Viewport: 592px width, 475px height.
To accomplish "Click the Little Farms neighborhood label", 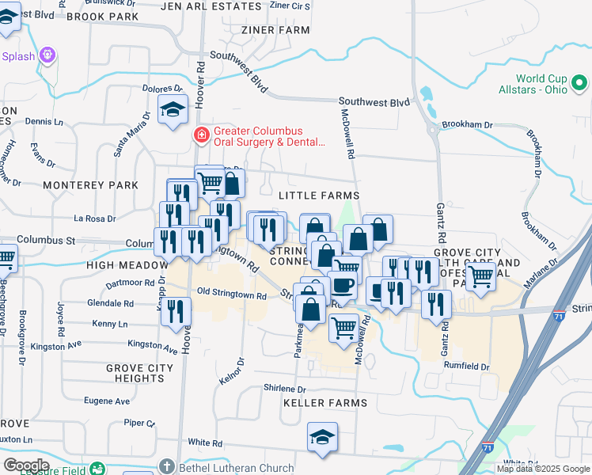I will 319,196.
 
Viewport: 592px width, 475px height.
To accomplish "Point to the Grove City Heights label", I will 140,373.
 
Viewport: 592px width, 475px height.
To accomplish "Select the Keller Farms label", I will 324,403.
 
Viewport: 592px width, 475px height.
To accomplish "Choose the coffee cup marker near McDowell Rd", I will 342,285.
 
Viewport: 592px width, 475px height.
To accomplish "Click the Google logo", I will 26,465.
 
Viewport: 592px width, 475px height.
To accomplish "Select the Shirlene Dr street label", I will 285,389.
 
